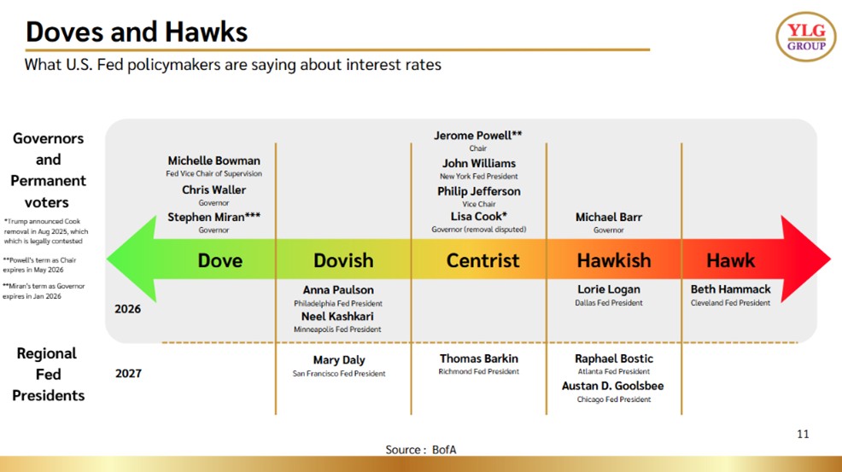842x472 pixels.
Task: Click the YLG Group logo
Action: [x=805, y=37]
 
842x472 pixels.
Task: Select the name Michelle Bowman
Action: [x=213, y=160]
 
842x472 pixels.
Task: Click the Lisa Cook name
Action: [x=478, y=217]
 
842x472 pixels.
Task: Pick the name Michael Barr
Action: [x=608, y=217]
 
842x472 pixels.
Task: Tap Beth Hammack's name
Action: [x=730, y=288]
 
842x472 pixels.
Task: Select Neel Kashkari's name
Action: [x=337, y=317]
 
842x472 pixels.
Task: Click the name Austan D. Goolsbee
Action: [x=612, y=386]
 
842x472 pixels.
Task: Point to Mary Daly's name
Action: [x=339, y=360]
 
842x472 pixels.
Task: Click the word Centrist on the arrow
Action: [x=482, y=260]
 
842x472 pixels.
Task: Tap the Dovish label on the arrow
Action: [x=343, y=260]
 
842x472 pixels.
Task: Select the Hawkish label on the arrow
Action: [x=614, y=260]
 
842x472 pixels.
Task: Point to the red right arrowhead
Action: [x=805, y=259]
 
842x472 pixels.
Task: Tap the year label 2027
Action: [x=128, y=374]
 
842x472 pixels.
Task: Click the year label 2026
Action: [x=127, y=309]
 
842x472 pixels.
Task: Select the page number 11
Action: [x=803, y=434]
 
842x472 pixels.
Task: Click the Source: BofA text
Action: [x=420, y=450]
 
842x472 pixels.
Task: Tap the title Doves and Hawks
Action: [x=137, y=32]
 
